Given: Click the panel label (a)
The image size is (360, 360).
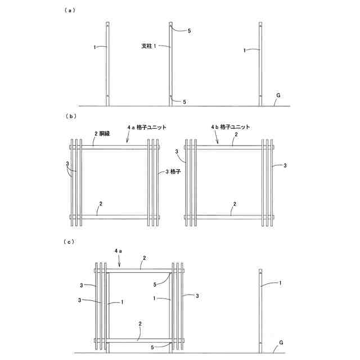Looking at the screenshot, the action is [70, 10].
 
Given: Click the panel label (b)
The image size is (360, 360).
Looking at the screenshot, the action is [70, 116].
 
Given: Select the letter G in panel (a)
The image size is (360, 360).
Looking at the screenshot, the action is [277, 96].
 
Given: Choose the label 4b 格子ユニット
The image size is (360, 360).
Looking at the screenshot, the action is [230, 127].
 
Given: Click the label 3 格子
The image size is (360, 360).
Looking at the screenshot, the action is [175, 172].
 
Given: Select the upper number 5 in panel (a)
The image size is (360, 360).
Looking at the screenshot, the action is [189, 31].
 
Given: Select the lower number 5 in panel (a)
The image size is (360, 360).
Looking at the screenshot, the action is [184, 102].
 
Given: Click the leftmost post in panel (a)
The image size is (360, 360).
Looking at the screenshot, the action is [107, 63].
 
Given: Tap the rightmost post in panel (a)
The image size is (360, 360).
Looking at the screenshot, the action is [260, 63].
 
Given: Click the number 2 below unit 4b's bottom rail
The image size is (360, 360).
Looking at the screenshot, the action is [235, 204].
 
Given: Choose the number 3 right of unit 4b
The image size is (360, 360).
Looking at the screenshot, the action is [285, 166].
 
